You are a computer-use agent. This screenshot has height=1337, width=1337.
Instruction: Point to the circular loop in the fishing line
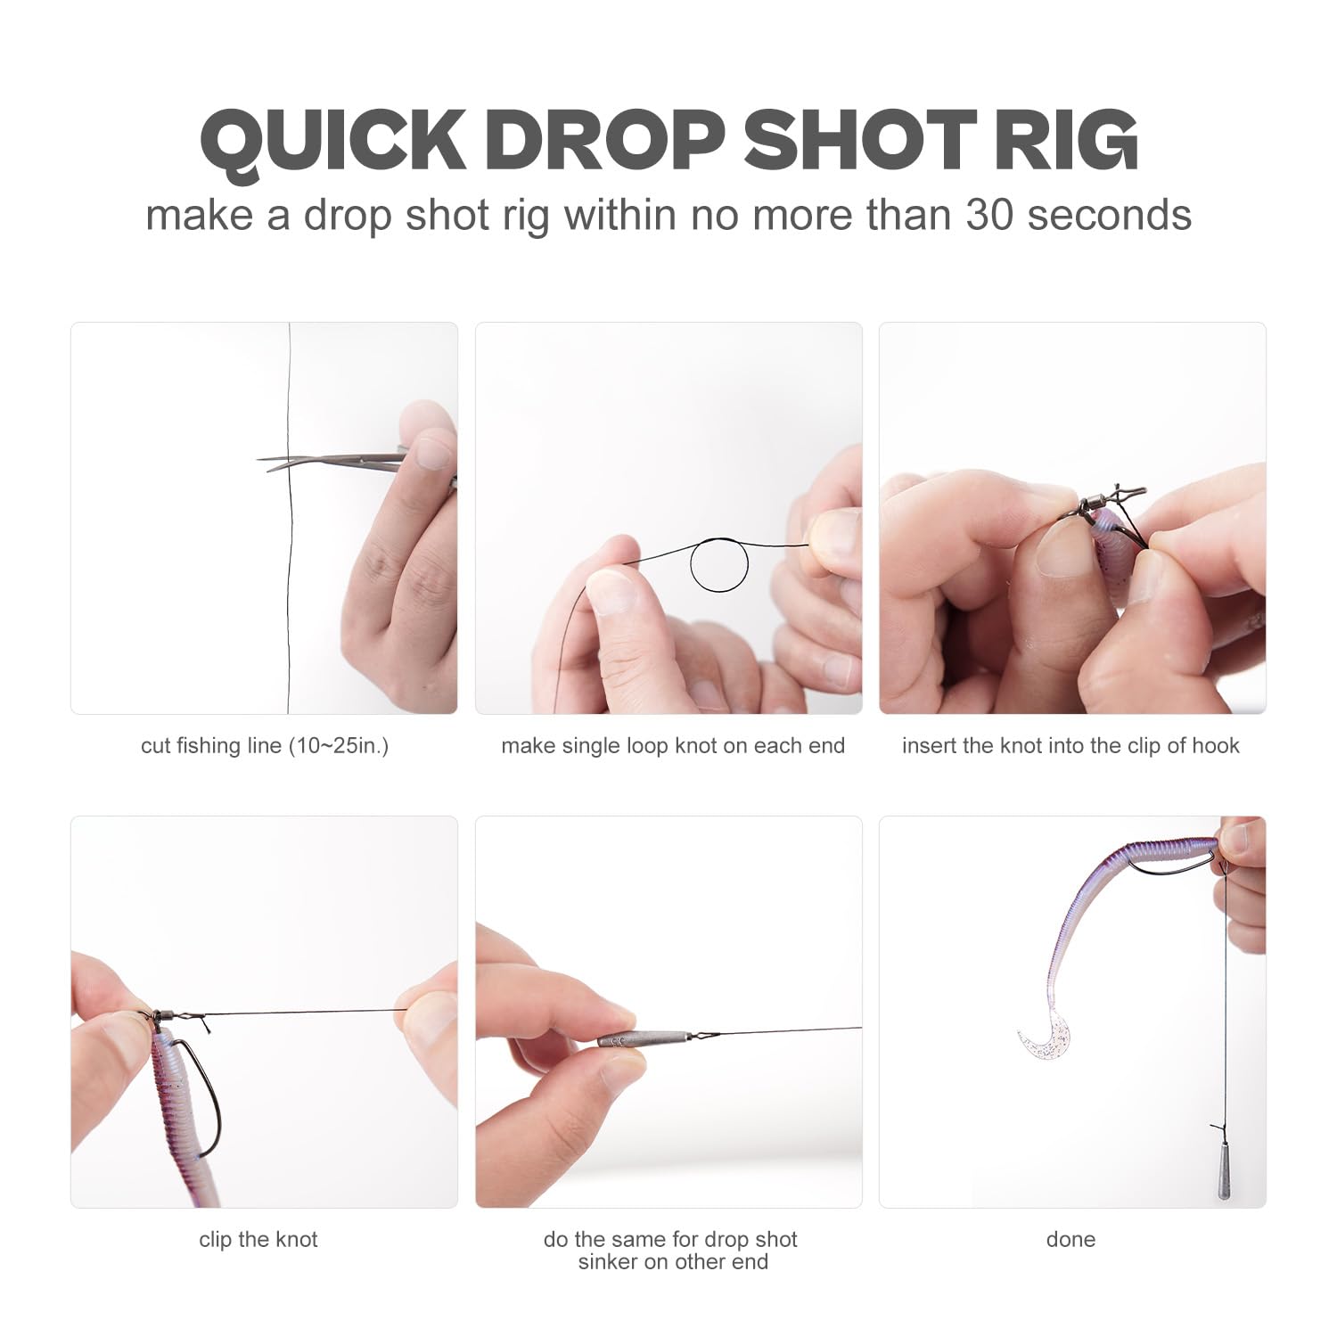(719, 565)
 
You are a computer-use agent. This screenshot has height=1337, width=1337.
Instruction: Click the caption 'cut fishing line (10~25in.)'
(265, 746)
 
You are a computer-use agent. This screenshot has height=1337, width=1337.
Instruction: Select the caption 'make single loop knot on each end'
(673, 746)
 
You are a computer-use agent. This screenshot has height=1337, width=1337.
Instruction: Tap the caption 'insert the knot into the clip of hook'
(1070, 746)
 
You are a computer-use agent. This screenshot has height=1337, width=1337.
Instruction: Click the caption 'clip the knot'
(258, 1240)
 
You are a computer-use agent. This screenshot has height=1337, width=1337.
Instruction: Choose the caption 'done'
(1070, 1240)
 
